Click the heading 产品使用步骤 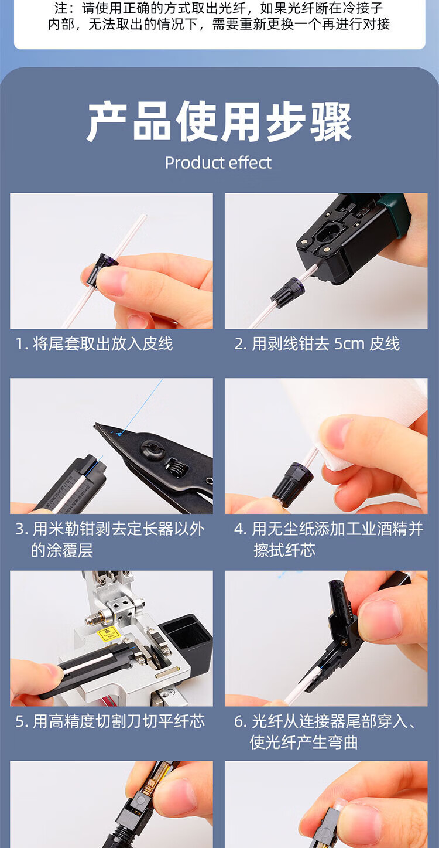pos(220,122)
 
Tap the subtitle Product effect pos(218,163)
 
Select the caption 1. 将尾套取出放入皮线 pos(94,344)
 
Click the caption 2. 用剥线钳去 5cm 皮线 pos(317,344)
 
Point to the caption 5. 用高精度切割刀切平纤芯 pos(110,721)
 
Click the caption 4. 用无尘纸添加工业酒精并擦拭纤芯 pos(328,539)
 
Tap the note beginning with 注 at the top pos(219,16)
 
